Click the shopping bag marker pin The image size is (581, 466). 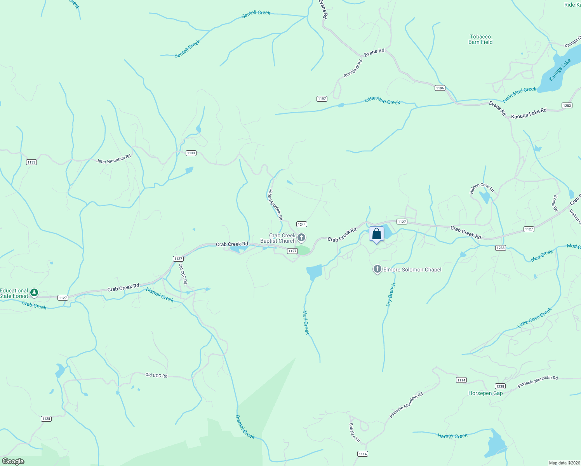click(x=376, y=234)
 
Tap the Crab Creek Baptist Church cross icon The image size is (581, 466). click(x=301, y=237)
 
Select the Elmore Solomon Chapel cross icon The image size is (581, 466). click(x=377, y=269)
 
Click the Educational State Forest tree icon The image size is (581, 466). click(x=34, y=292)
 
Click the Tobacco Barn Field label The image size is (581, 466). click(x=480, y=39)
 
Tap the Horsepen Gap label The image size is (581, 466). click(x=485, y=393)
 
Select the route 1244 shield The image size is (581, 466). click(x=302, y=224)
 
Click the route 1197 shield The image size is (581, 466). click(x=322, y=99)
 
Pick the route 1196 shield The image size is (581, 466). click(x=440, y=88)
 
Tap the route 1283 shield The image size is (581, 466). click(x=567, y=105)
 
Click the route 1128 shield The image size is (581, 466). click(x=46, y=419)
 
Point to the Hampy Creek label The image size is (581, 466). click(x=452, y=436)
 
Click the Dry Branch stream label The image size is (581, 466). click(x=391, y=295)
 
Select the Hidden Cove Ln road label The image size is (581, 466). click(x=482, y=188)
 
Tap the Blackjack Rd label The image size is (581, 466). click(x=353, y=68)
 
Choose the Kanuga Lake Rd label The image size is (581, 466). click(x=529, y=114)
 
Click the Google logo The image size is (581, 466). click(x=13, y=461)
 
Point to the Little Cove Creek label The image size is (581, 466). click(x=534, y=318)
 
